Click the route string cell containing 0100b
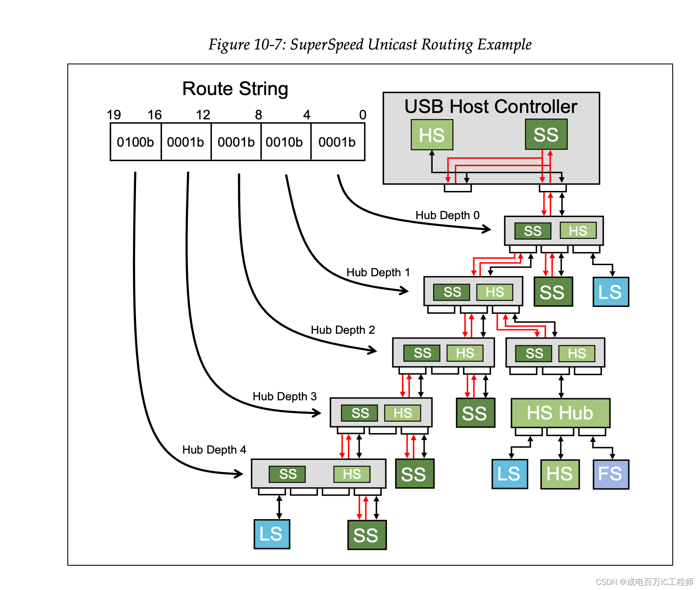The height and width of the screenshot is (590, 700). point(135,142)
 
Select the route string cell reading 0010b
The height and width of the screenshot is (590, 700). point(284,142)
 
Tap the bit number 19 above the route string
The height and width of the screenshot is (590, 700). point(114,115)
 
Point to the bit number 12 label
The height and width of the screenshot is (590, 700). point(203,115)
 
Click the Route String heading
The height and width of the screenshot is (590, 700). point(235,89)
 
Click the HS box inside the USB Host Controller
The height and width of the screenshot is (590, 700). point(431,135)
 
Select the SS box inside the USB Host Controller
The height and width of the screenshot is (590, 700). point(546,135)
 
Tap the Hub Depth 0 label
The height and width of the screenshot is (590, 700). point(447,215)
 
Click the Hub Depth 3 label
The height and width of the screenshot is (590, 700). point(284,396)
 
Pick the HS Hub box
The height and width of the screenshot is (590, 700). point(560,413)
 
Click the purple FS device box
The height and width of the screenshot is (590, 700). point(610,474)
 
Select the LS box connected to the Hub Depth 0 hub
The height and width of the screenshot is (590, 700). point(610,292)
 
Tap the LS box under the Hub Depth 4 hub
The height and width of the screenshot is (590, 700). point(272,534)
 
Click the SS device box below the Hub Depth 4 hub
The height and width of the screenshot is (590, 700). point(367,535)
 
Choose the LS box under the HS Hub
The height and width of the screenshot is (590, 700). point(509,474)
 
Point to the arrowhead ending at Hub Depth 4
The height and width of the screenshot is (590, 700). point(240,473)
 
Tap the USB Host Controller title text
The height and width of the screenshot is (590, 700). point(491,107)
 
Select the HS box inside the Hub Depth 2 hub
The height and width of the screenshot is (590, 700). point(465,353)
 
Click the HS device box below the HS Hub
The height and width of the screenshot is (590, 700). point(560,474)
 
